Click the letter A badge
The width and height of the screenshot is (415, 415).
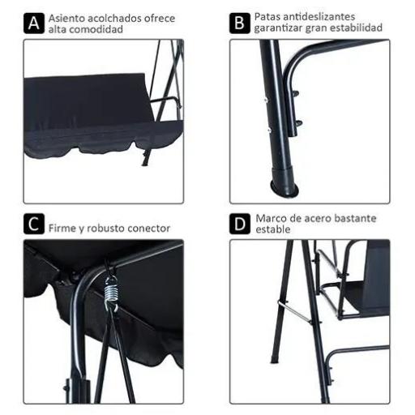tap(33, 23)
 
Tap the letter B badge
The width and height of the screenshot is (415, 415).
tap(239, 23)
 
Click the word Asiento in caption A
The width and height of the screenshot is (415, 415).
tap(66, 17)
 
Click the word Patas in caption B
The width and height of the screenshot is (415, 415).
tap(267, 16)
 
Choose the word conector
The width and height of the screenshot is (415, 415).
tap(151, 229)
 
